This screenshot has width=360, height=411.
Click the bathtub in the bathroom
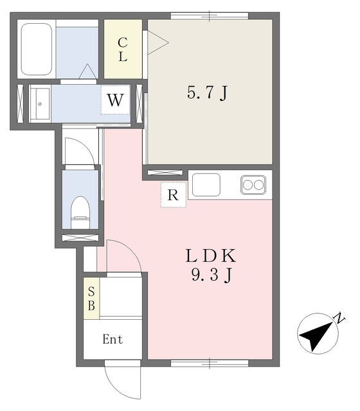(36, 49)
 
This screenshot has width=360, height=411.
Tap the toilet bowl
(80, 213)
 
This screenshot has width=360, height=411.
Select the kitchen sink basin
(206, 185)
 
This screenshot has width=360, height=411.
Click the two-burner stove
(253, 185)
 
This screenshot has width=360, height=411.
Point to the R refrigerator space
(174, 195)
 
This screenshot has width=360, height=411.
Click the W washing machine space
(116, 100)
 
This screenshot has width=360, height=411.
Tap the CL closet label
(123, 49)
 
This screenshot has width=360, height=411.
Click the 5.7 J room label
(207, 93)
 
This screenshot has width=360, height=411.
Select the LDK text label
(211, 256)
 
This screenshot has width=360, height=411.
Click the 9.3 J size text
(212, 275)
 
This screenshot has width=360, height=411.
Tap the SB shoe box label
(91, 299)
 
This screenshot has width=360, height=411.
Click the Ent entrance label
(113, 340)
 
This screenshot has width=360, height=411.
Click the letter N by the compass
(340, 318)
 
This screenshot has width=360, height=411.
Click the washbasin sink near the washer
(40, 103)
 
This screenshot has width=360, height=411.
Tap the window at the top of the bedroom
(210, 16)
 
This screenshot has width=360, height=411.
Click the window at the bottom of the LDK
(210, 363)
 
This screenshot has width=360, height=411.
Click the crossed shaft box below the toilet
(80, 238)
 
